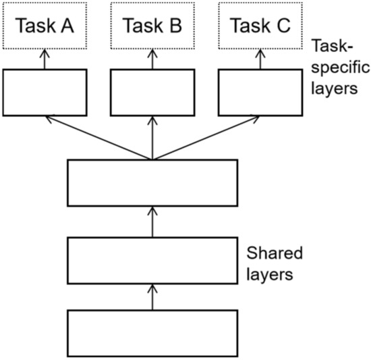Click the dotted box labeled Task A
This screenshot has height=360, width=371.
point(45,26)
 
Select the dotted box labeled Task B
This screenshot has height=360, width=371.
point(152,26)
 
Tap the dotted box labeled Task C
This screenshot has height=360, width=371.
point(260,26)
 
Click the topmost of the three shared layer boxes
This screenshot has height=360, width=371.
point(152,182)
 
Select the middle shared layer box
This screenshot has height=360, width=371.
point(152,260)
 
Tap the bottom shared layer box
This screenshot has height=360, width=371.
point(152,333)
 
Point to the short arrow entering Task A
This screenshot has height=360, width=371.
point(45,59)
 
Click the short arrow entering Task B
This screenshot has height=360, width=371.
point(152,59)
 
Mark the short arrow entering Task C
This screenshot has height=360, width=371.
point(260,59)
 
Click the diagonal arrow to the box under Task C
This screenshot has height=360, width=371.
point(206,137)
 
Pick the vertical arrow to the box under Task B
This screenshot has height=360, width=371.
point(152,137)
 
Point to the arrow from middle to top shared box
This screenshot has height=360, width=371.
point(152,222)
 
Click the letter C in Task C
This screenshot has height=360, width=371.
point(282,26)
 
